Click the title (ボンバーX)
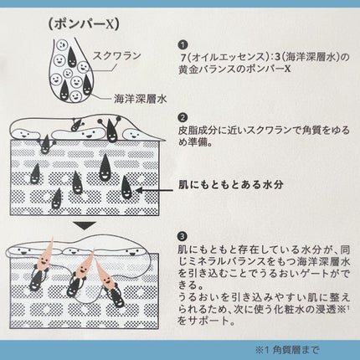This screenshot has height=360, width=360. pos(84,25)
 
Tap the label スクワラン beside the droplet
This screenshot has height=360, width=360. pos(116,56)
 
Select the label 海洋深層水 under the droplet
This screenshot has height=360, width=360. pos(140,99)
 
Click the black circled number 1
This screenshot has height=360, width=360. pos(183,44)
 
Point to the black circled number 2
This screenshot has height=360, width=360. pos(183,117)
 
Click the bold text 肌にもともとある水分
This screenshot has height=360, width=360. pos(231,184)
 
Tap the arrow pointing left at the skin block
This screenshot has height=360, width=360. pos(155,190)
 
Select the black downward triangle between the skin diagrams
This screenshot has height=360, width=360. pos(85,225)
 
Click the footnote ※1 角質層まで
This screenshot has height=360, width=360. pos(286,350)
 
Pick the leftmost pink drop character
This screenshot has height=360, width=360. pos(45,255)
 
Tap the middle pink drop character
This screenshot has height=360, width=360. pos(85,265)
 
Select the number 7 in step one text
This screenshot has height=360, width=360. pos(183,58)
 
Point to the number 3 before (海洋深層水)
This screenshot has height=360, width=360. pos(277,58)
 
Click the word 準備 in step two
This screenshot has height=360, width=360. pos(198,142)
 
